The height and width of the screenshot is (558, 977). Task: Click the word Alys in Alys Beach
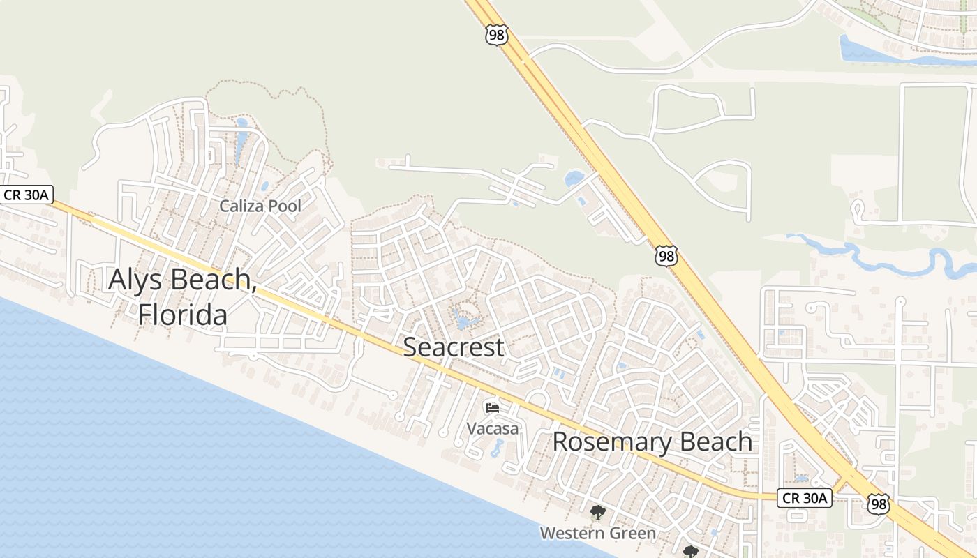tap(136, 280)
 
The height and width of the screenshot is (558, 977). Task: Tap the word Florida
tap(182, 315)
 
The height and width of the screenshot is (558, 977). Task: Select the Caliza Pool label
tap(260, 206)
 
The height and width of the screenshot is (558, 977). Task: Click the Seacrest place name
tap(454, 347)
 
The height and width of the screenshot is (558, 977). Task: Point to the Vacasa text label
tap(493, 428)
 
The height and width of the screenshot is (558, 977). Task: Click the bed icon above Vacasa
tap(493, 407)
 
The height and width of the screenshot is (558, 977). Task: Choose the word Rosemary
tap(604, 442)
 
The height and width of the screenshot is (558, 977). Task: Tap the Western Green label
tap(597, 534)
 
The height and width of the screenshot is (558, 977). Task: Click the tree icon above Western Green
tap(597, 514)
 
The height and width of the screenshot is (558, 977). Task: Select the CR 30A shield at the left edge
tap(26, 195)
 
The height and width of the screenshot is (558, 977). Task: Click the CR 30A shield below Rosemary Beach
tap(805, 498)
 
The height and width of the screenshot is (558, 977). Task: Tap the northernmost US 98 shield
tap(496, 36)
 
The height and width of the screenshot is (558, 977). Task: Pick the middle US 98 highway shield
tap(666, 255)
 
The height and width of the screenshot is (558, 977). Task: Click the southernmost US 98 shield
tap(879, 504)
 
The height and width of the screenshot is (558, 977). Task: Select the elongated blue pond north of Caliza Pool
tap(241, 142)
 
